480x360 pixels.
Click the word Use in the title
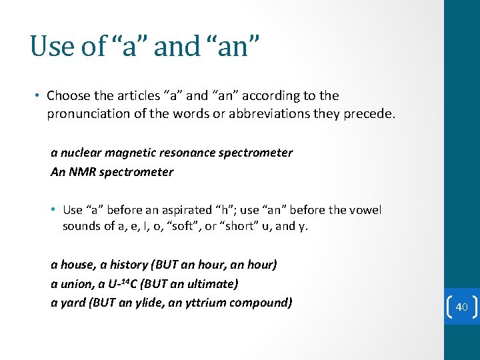coord(50,45)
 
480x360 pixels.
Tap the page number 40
coord(462,307)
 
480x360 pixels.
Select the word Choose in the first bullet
coord(68,96)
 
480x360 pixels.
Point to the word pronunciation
coord(90,114)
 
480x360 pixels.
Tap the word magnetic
coord(130,153)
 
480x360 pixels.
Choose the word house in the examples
coord(76,265)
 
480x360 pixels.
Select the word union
coord(75,284)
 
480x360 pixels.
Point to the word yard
coord(72,303)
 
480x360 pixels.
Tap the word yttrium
coord(210,303)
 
